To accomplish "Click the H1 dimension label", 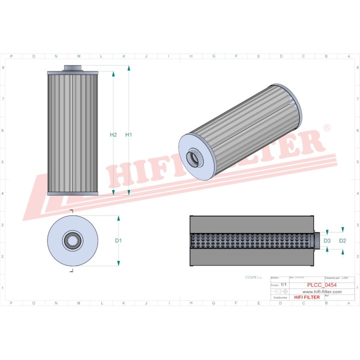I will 128,134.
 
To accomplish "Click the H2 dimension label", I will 113,134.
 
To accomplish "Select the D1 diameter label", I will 118,240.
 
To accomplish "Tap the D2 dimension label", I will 342,240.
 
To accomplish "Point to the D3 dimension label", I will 327,240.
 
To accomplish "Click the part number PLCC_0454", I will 321,285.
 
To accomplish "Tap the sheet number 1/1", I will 284,284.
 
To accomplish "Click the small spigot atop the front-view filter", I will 72,68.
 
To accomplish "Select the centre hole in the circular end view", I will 72,240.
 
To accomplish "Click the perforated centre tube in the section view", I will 250,241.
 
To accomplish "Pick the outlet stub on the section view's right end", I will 317,240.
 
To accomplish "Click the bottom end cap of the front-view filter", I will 72,193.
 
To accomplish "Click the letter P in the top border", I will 11,56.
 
